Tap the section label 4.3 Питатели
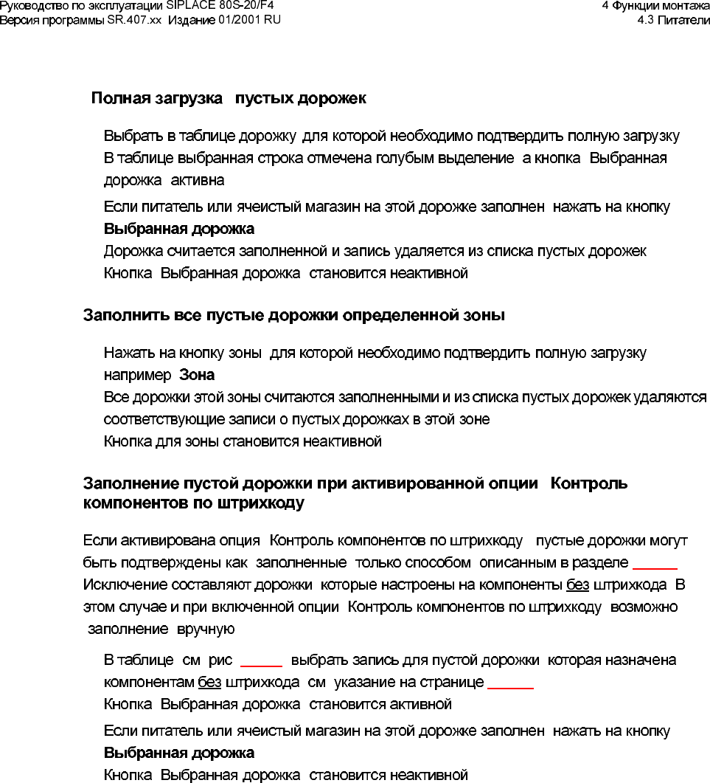673,18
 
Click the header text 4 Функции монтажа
655,5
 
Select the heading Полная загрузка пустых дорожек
229,98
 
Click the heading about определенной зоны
293,316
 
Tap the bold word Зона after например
197,375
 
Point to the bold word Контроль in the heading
589,484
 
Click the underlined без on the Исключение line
577,585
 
